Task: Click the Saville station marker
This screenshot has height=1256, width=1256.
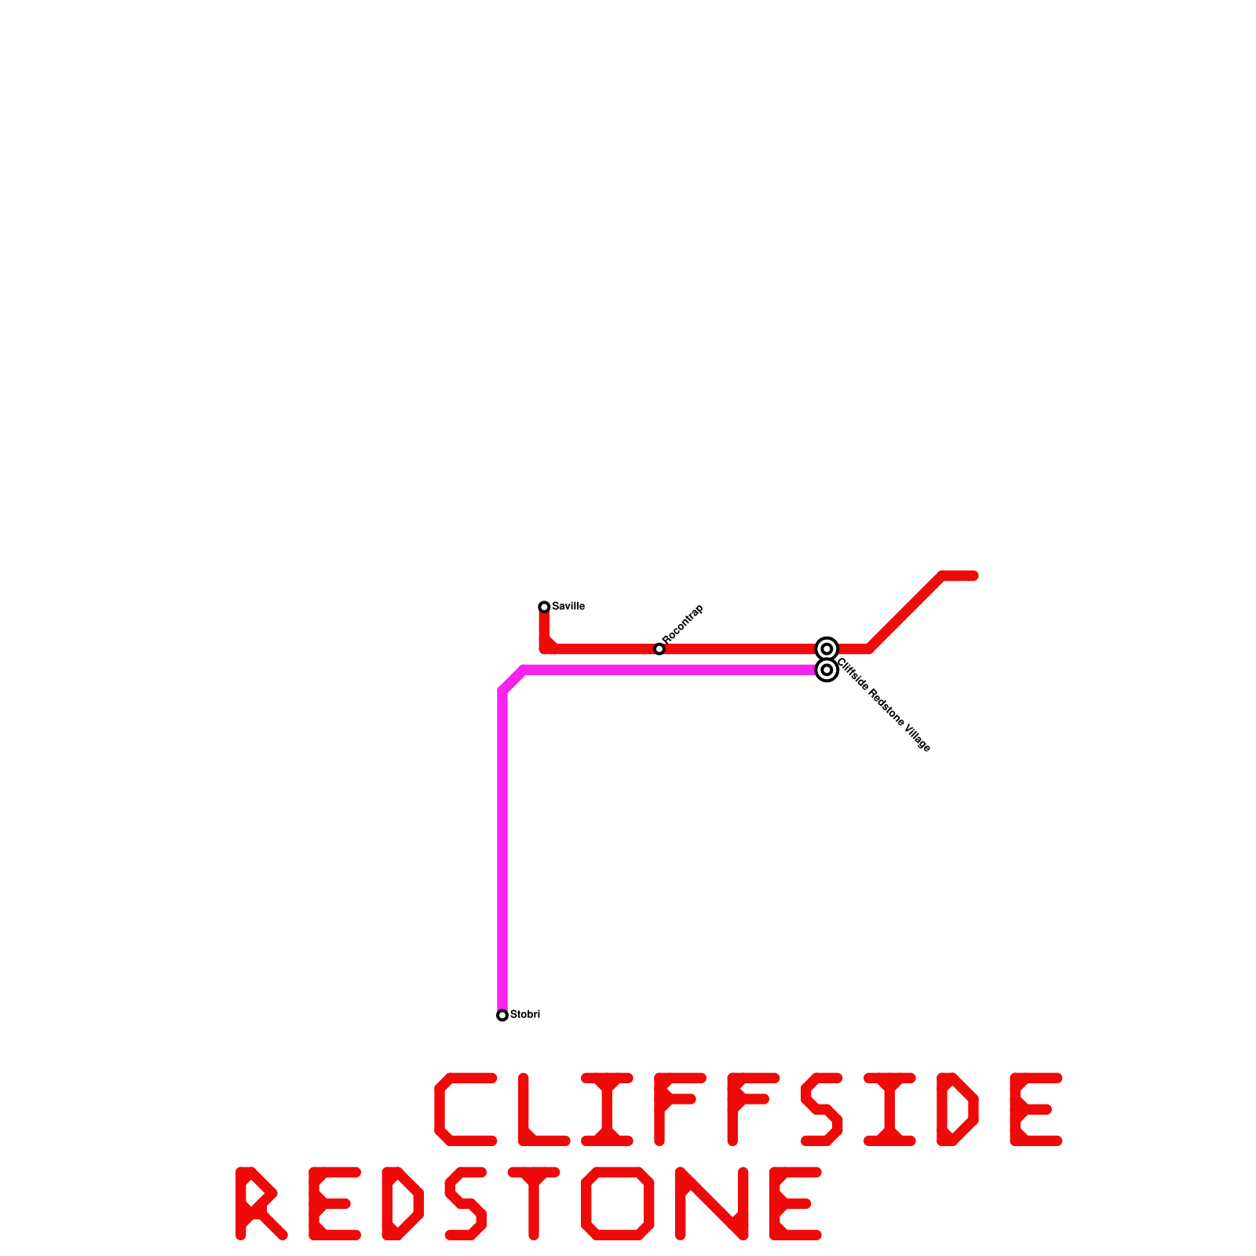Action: (x=544, y=607)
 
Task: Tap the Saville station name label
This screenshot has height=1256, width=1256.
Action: (x=568, y=606)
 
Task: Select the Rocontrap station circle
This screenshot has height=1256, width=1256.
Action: (x=659, y=648)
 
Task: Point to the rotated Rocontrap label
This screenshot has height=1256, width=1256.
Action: (x=683, y=624)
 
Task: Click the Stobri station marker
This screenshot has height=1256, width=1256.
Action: (x=502, y=1015)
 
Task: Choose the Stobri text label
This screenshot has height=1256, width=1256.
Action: (x=525, y=1014)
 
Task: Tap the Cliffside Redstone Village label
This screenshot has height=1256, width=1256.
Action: (x=884, y=705)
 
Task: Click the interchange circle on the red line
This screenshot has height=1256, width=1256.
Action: (x=827, y=648)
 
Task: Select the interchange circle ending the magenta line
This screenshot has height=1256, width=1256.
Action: (x=827, y=670)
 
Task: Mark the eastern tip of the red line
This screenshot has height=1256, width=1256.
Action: (x=974, y=576)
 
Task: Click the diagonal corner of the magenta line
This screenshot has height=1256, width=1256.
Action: (x=513, y=680)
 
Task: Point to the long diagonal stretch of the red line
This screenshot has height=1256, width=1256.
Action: (x=905, y=612)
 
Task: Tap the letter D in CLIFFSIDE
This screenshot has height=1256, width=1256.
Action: (x=957, y=1108)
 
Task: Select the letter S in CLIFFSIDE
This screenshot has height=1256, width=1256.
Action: (x=821, y=1108)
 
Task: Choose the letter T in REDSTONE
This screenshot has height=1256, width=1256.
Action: (x=534, y=1203)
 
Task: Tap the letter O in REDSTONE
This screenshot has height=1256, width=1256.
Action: (x=618, y=1203)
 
